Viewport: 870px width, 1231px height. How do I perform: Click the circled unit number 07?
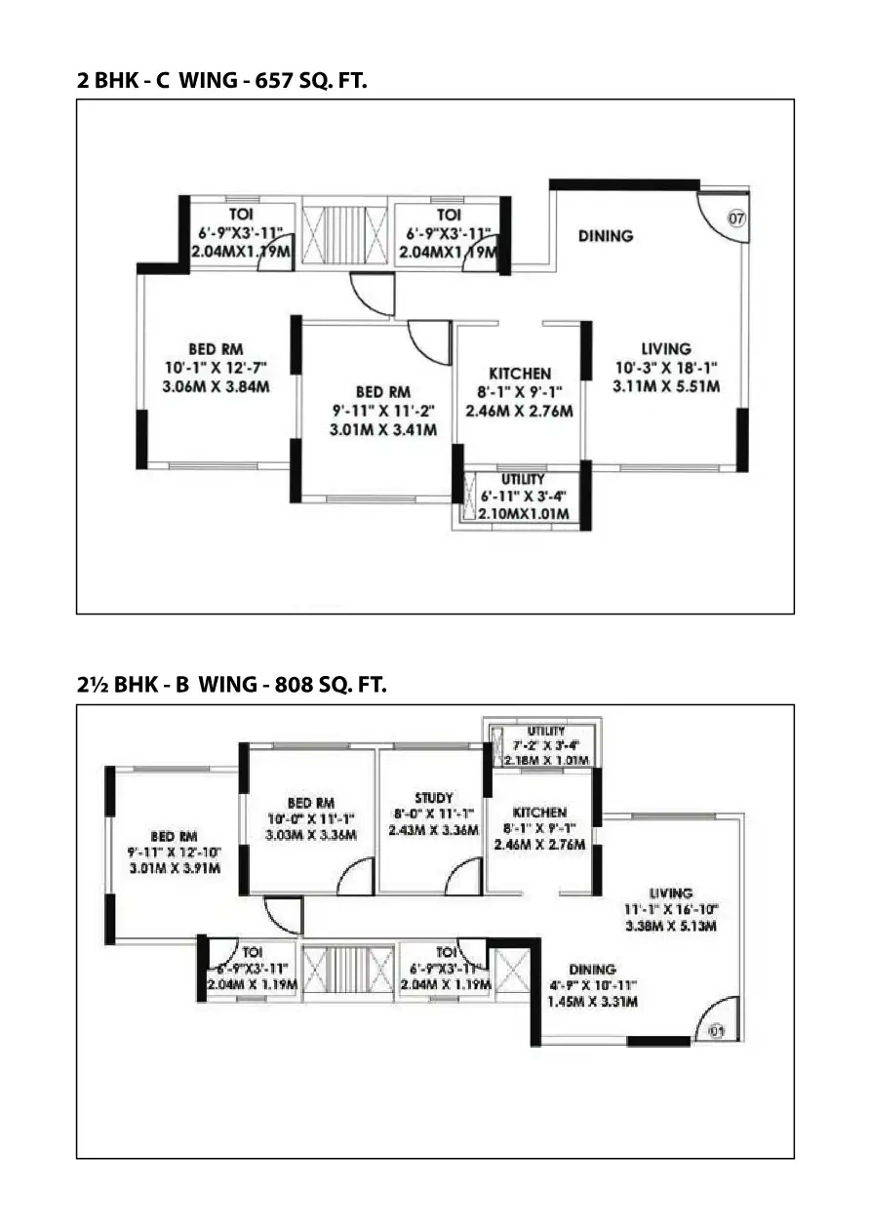[736, 218]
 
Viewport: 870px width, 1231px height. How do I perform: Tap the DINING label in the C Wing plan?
[605, 235]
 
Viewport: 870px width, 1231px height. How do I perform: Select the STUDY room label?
[433, 798]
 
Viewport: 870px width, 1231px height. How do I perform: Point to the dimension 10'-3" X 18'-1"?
[666, 367]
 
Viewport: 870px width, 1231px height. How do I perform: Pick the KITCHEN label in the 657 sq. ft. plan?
[520, 373]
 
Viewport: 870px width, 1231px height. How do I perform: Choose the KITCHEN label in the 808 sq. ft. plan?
[539, 812]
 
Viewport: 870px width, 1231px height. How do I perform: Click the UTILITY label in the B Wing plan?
[546, 731]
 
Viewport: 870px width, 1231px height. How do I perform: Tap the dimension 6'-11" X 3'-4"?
[525, 496]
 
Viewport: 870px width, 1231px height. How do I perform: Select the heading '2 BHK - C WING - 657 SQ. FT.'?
[221, 81]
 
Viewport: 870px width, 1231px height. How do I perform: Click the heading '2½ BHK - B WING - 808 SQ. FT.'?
[232, 686]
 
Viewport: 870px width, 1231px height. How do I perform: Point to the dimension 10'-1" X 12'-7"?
[217, 367]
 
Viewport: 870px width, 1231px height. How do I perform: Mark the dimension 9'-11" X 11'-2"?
[383, 410]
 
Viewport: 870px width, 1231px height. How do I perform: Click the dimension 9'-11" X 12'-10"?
[176, 853]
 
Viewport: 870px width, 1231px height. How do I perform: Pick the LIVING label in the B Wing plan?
[671, 893]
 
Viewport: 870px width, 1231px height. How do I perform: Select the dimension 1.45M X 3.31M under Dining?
[591, 1002]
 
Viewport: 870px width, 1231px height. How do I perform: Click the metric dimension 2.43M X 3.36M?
[433, 830]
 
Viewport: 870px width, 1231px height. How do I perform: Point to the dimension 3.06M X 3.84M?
[217, 386]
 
